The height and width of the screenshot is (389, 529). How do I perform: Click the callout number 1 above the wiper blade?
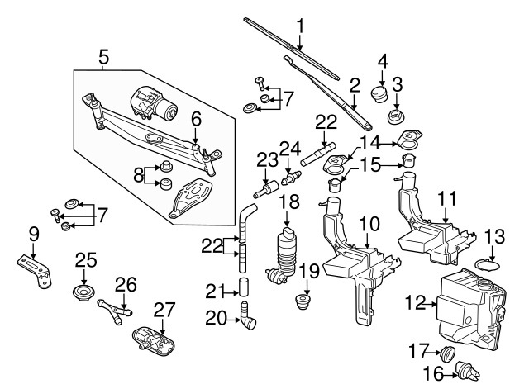[300, 25]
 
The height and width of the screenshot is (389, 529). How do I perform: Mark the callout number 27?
[164, 311]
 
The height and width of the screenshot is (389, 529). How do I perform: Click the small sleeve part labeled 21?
[245, 287]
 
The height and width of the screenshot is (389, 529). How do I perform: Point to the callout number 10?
[369, 223]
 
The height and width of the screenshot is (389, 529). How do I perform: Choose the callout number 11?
[447, 198]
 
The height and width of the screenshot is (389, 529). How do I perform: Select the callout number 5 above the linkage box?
[103, 58]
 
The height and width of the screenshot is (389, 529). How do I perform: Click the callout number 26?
[125, 286]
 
